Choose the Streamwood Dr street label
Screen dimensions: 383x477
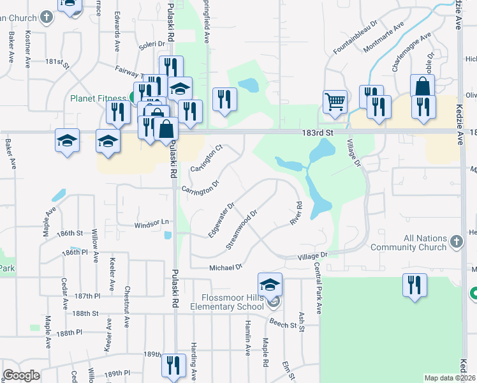click(x=242, y=226)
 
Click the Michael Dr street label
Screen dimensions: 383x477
click(x=226, y=267)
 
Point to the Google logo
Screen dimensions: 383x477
click(x=21, y=375)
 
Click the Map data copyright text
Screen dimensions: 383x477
click(x=449, y=378)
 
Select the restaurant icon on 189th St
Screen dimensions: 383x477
click(x=173, y=366)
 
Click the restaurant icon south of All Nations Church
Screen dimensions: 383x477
click(x=414, y=285)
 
